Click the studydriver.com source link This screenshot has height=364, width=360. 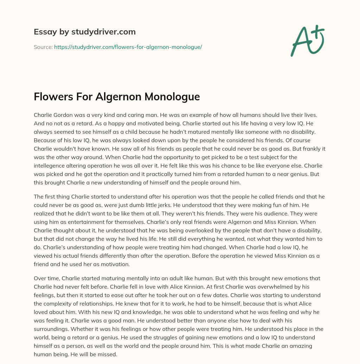[x=128, y=47]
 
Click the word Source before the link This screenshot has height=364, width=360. [x=43, y=47]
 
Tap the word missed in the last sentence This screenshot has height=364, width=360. [x=108, y=354]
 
